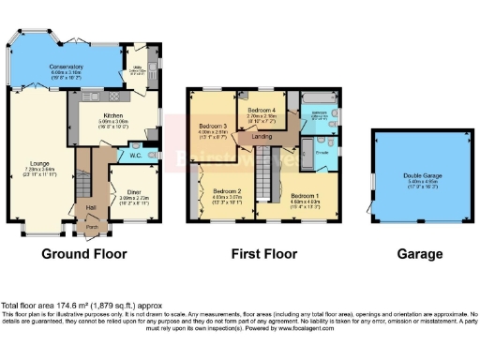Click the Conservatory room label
(x=67, y=67)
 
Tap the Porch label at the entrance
(x=92, y=226)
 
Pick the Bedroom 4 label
(x=262, y=111)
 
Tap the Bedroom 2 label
(x=228, y=190)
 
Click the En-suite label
(x=321, y=150)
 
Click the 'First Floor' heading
(x=263, y=254)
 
